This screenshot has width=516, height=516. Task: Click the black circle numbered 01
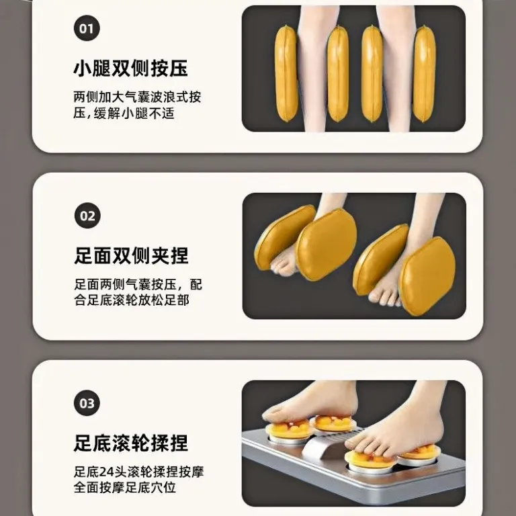tap(87, 28)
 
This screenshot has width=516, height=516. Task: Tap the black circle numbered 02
tap(87, 216)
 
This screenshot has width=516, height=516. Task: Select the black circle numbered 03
tap(87, 403)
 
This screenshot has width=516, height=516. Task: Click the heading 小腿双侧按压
tap(130, 69)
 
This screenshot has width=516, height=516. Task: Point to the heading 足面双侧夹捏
tap(131, 256)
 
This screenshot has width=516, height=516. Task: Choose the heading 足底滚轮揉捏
tap(130, 443)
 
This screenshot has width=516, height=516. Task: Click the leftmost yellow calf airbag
tap(286, 74)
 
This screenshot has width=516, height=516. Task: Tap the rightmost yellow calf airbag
tap(424, 74)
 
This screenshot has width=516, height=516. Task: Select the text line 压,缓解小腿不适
tap(124, 114)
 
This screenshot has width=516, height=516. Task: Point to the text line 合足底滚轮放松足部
tap(132, 300)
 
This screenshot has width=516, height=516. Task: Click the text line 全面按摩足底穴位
tap(125, 487)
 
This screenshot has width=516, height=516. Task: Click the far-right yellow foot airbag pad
tap(428, 275)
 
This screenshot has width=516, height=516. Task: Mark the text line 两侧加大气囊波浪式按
tap(137, 97)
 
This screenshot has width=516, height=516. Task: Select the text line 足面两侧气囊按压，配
tap(138, 284)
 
